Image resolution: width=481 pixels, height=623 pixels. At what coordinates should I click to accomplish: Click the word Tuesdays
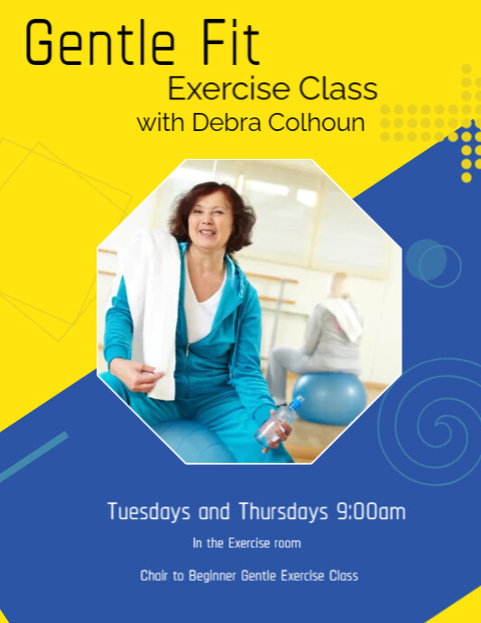pyautogui.click(x=149, y=512)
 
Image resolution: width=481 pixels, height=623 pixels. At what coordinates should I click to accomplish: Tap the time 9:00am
pyautogui.click(x=370, y=512)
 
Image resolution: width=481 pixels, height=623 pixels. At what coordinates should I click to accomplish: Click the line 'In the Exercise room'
pyautogui.click(x=246, y=544)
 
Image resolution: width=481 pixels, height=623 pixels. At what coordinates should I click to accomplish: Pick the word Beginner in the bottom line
pyautogui.click(x=212, y=576)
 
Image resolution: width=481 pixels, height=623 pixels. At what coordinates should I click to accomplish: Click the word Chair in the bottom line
pyautogui.click(x=154, y=576)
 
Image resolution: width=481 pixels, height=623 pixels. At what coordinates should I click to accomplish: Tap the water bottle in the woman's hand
pyautogui.click(x=280, y=421)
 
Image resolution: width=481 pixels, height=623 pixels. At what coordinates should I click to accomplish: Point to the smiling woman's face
pyautogui.click(x=208, y=221)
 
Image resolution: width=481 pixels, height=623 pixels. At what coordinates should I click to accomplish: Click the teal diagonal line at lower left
pyautogui.click(x=34, y=457)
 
